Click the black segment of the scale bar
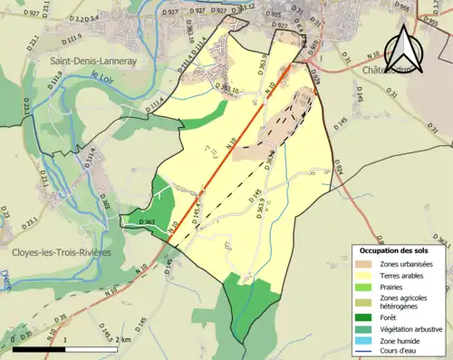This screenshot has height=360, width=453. pos(41,348)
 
